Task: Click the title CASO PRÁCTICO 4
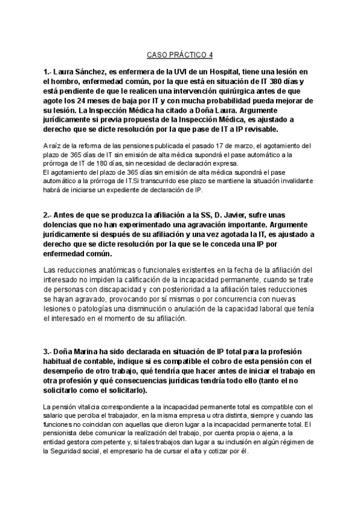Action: point(179,55)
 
